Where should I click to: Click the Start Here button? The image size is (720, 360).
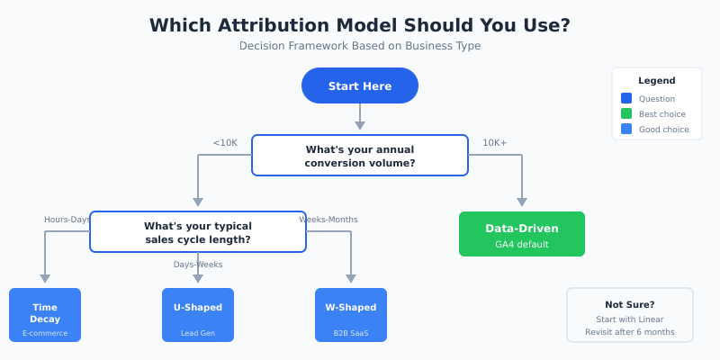pyautogui.click(x=360, y=85)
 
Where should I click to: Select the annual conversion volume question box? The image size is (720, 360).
pyautogui.click(x=360, y=156)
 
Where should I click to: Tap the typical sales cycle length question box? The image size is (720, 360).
pyautogui.click(x=198, y=232)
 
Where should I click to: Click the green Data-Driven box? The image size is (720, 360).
pyautogui.click(x=522, y=234)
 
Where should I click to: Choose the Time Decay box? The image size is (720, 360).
pyautogui.click(x=45, y=315)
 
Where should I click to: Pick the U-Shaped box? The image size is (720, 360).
pyautogui.click(x=198, y=315)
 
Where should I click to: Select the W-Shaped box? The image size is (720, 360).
pyautogui.click(x=351, y=315)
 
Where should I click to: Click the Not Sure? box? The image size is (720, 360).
pyautogui.click(x=630, y=315)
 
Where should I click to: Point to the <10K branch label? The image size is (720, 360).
pyautogui.click(x=225, y=142)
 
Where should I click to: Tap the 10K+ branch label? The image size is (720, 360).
pyautogui.click(x=494, y=142)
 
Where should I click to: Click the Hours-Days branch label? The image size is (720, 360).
pyautogui.click(x=67, y=220)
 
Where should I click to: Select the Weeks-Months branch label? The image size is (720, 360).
pyautogui.click(x=328, y=220)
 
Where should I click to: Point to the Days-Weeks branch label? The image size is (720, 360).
pyautogui.click(x=198, y=265)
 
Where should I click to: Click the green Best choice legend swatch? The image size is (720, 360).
pyautogui.click(x=626, y=114)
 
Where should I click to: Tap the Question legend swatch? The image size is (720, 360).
pyautogui.click(x=626, y=99)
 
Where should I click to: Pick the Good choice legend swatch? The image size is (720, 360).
pyautogui.click(x=626, y=130)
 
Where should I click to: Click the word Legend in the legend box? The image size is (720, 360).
pyautogui.click(x=657, y=81)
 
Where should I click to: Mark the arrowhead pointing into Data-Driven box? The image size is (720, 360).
pyautogui.click(x=522, y=202)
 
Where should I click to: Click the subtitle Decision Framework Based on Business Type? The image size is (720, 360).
pyautogui.click(x=360, y=46)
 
